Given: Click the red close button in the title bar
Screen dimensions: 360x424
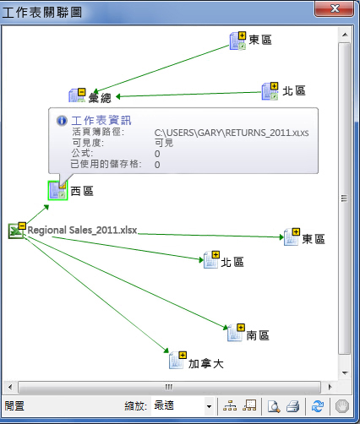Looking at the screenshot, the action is click(x=334, y=8).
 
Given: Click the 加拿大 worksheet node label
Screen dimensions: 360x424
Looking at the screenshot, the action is click(x=206, y=364).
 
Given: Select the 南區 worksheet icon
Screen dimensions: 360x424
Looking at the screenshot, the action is click(x=235, y=333).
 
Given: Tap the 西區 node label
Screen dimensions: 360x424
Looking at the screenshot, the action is click(x=82, y=191).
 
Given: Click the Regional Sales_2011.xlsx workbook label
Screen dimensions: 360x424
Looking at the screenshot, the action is click(x=82, y=230).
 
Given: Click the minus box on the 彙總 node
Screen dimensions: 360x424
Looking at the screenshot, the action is click(x=81, y=92).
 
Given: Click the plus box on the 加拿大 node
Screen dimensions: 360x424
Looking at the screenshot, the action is click(x=183, y=355).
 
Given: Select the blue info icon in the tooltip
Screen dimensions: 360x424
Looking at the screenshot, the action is click(x=62, y=121).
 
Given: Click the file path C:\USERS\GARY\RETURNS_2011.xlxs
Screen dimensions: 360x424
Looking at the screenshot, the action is click(x=232, y=133).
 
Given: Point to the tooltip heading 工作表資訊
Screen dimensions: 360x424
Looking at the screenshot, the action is click(x=101, y=121).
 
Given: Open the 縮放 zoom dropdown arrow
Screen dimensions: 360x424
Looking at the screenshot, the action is click(x=209, y=406).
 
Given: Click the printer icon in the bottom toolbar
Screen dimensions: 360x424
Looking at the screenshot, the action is click(x=293, y=406).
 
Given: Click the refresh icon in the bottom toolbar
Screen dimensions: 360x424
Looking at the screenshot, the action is click(x=318, y=406).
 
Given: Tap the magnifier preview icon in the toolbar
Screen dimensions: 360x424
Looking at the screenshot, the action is click(x=274, y=406).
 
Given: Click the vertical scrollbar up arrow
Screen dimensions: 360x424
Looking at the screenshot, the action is click(x=345, y=35).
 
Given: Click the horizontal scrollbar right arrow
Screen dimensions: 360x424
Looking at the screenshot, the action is click(x=330, y=387).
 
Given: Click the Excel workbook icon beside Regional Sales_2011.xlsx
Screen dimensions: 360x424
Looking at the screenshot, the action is click(x=16, y=231).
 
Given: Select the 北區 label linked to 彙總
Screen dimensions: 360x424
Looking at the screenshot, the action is click(x=294, y=91).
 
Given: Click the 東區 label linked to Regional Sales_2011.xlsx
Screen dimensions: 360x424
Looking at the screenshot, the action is click(x=314, y=239).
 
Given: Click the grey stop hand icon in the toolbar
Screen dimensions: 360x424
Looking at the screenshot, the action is click(x=342, y=406).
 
